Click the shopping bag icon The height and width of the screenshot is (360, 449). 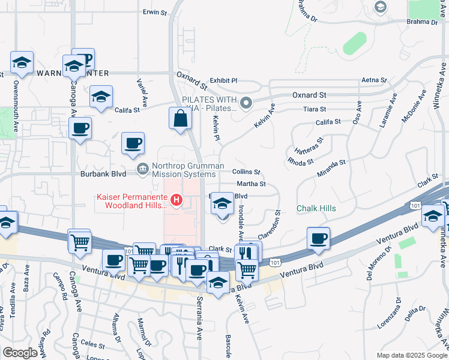[x=181, y=119]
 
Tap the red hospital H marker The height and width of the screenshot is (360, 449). [x=176, y=200]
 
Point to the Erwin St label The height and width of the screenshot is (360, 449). [x=154, y=11]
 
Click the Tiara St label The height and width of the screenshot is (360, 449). [x=315, y=109]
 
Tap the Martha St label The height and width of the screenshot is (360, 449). [x=251, y=184]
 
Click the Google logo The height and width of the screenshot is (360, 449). [x=20, y=353]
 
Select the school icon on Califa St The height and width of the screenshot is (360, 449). [x=101, y=97]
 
